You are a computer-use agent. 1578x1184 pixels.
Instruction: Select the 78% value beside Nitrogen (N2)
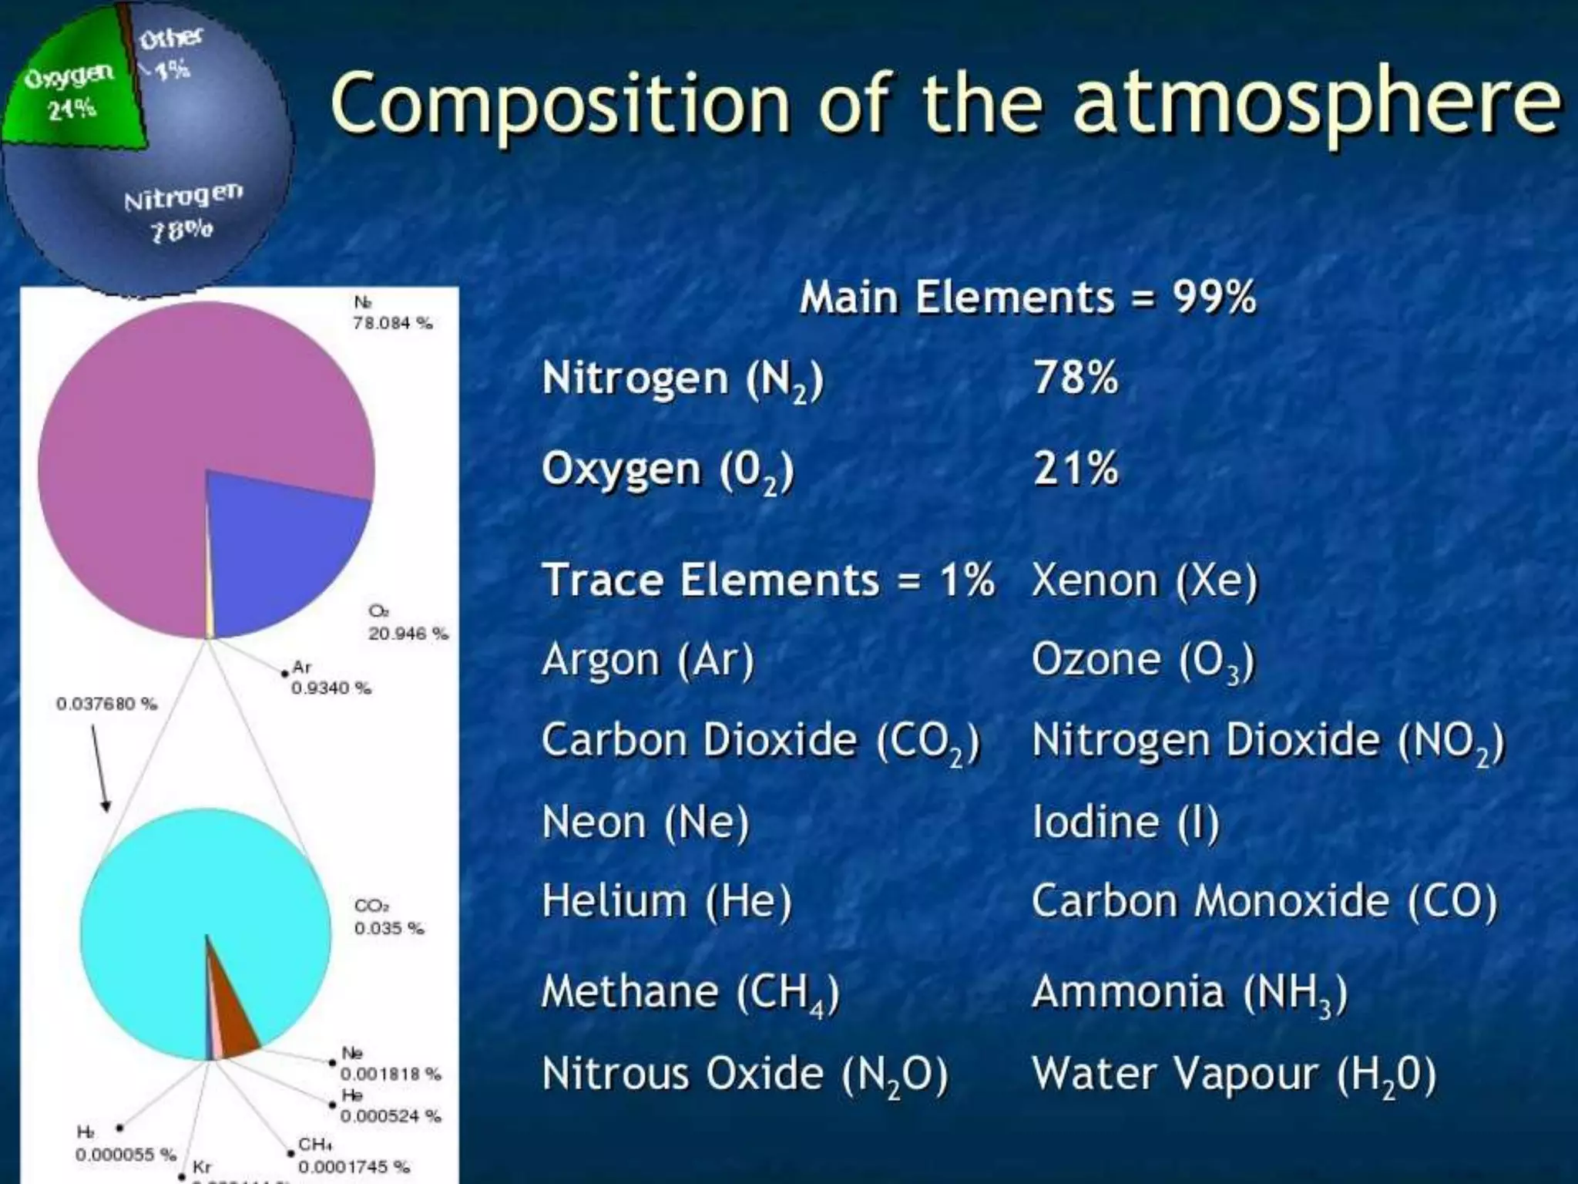pos(1076,378)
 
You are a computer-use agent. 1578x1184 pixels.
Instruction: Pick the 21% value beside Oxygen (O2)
pos(1076,468)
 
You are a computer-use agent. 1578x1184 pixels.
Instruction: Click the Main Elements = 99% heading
pos(1028,298)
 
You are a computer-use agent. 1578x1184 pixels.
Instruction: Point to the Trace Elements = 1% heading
pos(767,580)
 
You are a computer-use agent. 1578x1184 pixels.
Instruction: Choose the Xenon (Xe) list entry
pos(1144,580)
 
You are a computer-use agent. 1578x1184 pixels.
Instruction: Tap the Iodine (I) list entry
pos(1125,822)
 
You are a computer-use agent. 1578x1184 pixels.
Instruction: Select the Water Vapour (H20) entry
pos(1234,1075)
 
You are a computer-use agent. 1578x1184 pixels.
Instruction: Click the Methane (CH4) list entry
pos(690,992)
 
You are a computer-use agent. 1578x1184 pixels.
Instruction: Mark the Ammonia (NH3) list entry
pos(1190,992)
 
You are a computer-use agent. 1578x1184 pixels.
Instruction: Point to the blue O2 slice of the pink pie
pos(277,540)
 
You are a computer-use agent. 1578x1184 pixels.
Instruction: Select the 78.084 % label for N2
pos(392,323)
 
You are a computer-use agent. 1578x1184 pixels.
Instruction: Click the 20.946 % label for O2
pos(408,634)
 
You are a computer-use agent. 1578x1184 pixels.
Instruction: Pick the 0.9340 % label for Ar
pos(331,687)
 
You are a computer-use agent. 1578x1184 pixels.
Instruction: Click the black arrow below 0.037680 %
pos(100,767)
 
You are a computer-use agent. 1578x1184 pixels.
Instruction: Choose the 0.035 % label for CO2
pos(388,928)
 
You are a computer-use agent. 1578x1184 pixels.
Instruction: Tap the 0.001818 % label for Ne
pos(390,1074)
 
